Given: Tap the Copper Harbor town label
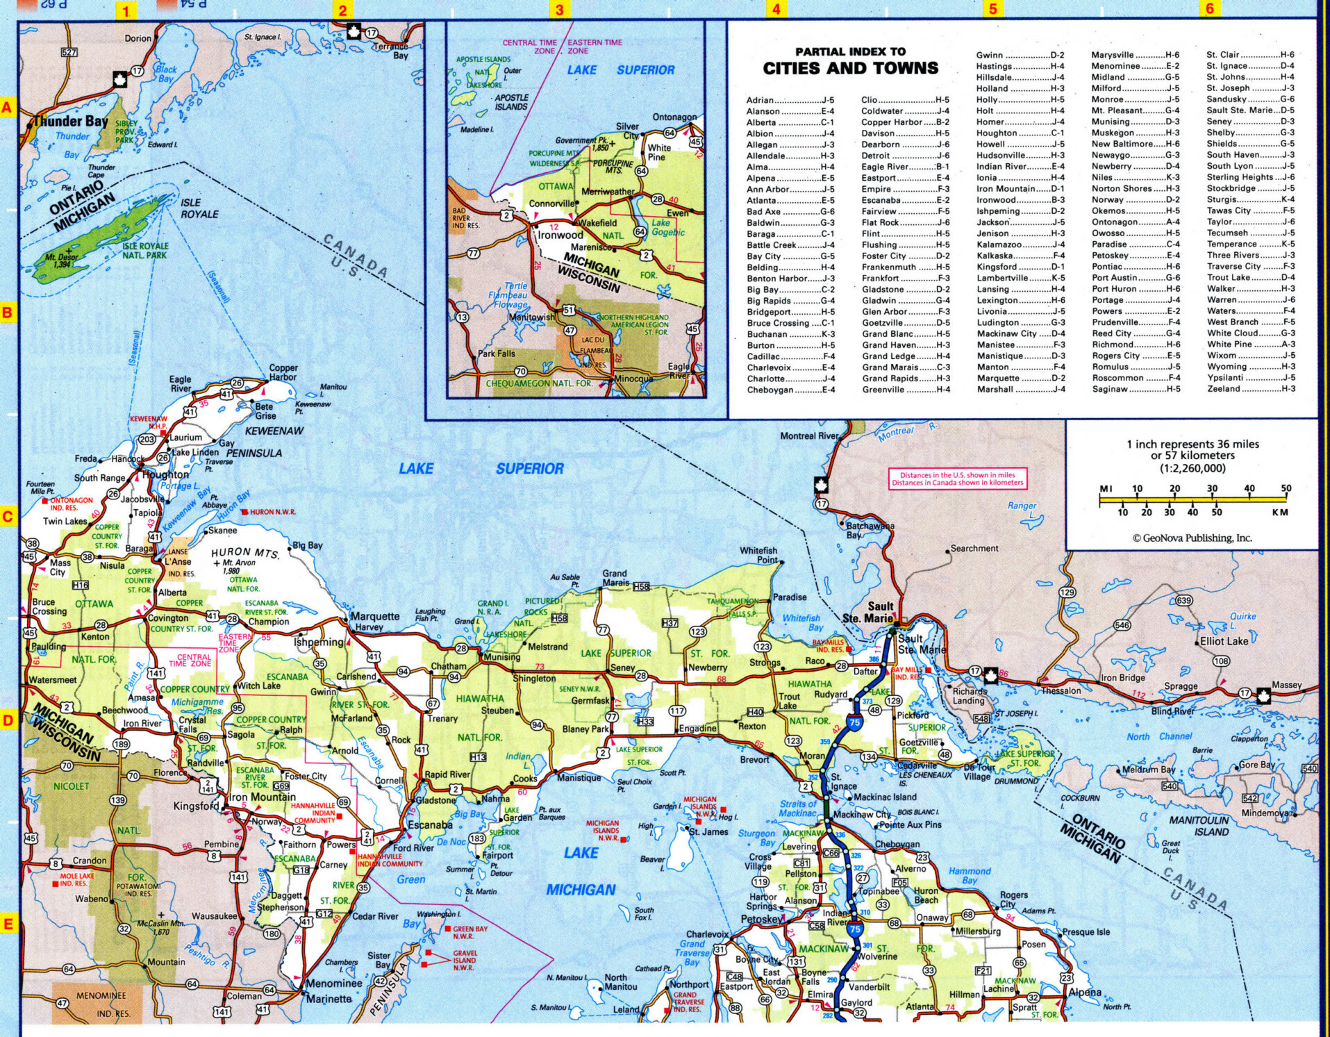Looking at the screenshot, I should (x=283, y=372).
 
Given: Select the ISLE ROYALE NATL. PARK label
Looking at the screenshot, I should (x=145, y=251).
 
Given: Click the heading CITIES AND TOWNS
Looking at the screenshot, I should (x=850, y=68).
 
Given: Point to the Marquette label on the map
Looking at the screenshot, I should (x=374, y=616).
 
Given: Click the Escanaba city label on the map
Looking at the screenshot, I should (x=430, y=825).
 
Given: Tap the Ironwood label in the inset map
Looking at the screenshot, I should (x=560, y=235).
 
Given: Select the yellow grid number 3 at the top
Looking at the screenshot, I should (x=559, y=10).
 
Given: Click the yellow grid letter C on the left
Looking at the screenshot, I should (x=8, y=517).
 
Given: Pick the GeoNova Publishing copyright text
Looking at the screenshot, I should (x=1192, y=538).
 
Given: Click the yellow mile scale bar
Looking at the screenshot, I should (x=1193, y=499).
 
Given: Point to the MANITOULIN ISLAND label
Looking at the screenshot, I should (x=1199, y=826).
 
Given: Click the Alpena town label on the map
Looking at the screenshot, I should (x=1085, y=992).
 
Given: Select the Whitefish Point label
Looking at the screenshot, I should (x=758, y=555).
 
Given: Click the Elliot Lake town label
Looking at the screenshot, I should (x=1224, y=641).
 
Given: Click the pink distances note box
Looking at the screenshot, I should (x=957, y=479).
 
